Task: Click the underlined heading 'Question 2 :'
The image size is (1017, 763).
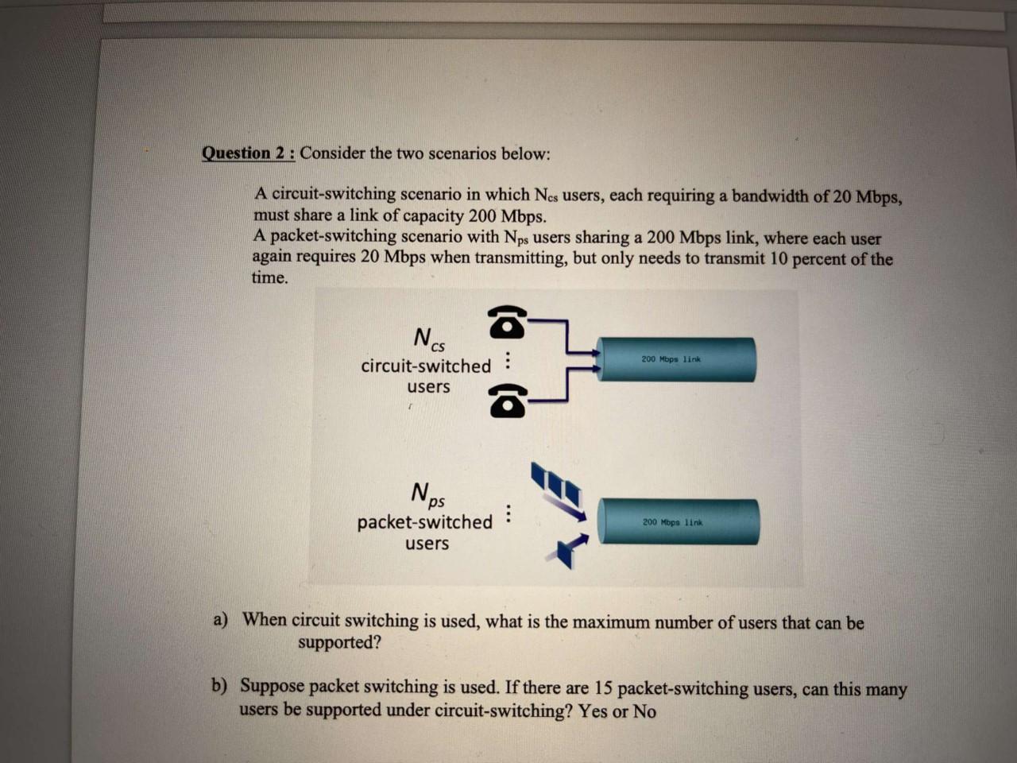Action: click(248, 153)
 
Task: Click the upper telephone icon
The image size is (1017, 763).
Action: click(507, 322)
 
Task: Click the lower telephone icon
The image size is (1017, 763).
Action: click(507, 401)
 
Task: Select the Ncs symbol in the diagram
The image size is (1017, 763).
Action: click(428, 339)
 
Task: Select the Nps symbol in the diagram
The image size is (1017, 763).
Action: click(427, 494)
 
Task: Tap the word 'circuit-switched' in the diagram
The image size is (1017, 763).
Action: click(426, 366)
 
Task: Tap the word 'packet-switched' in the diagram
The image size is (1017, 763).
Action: click(424, 522)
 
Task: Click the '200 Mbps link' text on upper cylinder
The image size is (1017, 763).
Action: click(671, 359)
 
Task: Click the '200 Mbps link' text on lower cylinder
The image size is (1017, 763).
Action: click(672, 522)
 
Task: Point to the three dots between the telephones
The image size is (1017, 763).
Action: click(508, 362)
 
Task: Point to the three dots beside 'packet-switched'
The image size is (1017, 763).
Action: click(508, 514)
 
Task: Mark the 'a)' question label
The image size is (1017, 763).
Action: click(220, 619)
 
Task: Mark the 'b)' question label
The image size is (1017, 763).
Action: click(218, 685)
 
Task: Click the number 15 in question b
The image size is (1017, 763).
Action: click(603, 688)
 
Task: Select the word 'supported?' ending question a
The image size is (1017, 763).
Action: click(339, 642)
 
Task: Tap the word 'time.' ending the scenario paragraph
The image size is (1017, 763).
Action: click(270, 277)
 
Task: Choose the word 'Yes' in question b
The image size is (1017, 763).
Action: click(592, 711)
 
